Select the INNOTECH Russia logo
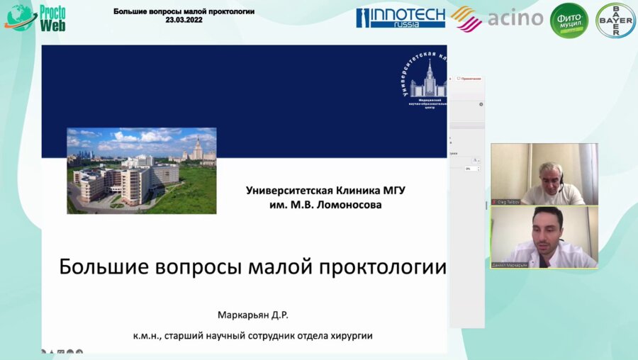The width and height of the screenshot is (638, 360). click(401, 18)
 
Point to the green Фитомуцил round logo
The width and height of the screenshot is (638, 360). click(569, 20)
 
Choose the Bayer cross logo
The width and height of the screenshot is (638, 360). click(615, 20)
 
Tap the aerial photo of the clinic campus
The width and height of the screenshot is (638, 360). click(141, 170)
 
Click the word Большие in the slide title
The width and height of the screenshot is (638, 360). click(94, 267)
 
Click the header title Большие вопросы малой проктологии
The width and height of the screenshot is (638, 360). click(184, 12)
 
